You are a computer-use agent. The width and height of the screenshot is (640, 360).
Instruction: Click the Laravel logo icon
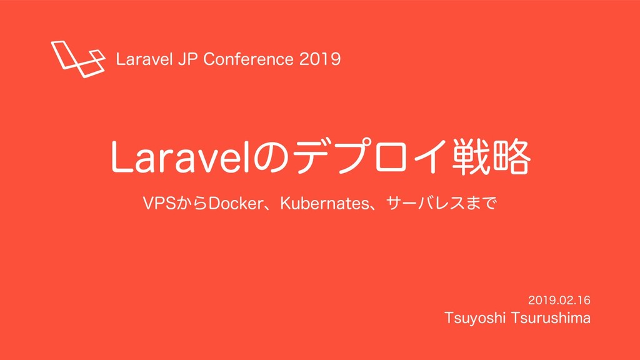click(77, 59)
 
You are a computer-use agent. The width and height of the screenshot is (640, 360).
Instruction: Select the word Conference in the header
click(248, 59)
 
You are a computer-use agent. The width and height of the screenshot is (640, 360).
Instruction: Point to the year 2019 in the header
click(320, 59)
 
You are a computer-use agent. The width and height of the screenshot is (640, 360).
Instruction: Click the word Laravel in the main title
click(179, 157)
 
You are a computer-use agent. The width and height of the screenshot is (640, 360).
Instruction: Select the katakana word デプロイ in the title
click(367, 157)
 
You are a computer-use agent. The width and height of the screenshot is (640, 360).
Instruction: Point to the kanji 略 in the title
click(511, 157)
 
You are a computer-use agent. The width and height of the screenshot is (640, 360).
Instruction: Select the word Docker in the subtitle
click(236, 203)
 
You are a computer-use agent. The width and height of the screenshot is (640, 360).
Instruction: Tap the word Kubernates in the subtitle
click(324, 203)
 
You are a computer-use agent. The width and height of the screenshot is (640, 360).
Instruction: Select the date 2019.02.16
click(559, 301)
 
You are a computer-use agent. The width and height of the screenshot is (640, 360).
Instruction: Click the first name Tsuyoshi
click(475, 318)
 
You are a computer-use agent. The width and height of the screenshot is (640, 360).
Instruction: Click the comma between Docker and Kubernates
click(268, 208)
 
